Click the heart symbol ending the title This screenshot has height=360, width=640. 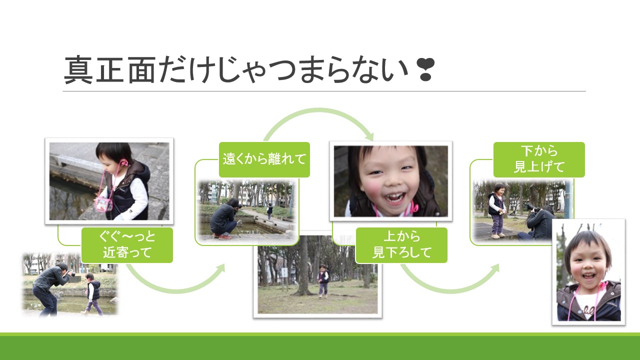(426, 69)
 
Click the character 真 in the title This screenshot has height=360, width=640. (78, 70)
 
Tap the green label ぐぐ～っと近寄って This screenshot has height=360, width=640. (127, 245)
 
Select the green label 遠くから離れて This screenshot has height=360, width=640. (264, 159)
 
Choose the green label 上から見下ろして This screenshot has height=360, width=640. (401, 245)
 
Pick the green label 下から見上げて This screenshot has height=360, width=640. (539, 159)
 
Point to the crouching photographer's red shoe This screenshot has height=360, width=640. (224, 237)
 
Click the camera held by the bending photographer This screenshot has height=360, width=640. (71, 273)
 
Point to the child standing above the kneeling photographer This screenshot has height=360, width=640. (496, 210)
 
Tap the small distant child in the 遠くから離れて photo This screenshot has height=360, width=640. (269, 211)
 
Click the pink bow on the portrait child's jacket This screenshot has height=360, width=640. (602, 285)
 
